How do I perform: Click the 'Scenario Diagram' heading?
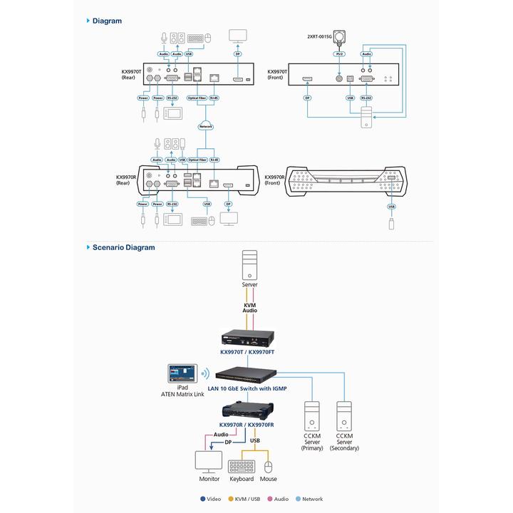[x=123, y=247]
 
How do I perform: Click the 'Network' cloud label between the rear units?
[x=206, y=126]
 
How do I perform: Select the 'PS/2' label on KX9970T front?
[x=338, y=53]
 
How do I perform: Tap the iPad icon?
[x=182, y=374]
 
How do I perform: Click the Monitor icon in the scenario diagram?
[x=209, y=460]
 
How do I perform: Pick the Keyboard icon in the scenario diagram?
[x=242, y=466]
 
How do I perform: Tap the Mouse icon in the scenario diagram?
[x=268, y=466]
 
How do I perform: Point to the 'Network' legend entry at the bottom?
[x=310, y=499]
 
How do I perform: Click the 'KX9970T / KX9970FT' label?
[x=249, y=352]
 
